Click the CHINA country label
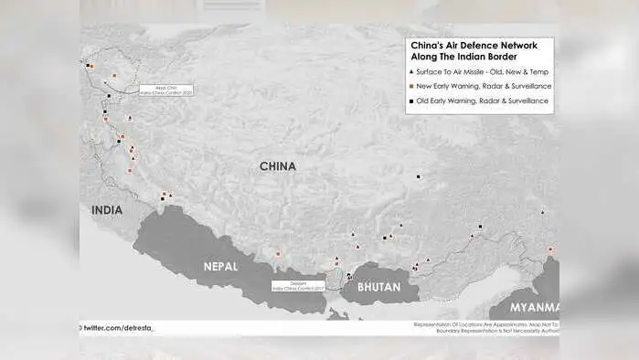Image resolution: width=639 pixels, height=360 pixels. click(277, 166)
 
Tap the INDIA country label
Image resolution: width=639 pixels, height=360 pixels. click(107, 210)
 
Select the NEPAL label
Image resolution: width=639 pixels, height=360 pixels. click(220, 267)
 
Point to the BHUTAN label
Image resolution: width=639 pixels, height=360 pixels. click(378, 286)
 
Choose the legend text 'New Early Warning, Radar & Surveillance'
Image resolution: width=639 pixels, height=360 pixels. click(484, 86)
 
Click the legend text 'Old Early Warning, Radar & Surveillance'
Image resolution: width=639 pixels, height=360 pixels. click(484, 101)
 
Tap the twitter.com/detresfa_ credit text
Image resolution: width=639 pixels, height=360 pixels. click(120, 327)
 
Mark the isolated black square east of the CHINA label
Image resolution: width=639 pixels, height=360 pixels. click(419, 176)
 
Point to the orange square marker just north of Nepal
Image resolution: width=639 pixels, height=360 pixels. click(277, 253)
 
